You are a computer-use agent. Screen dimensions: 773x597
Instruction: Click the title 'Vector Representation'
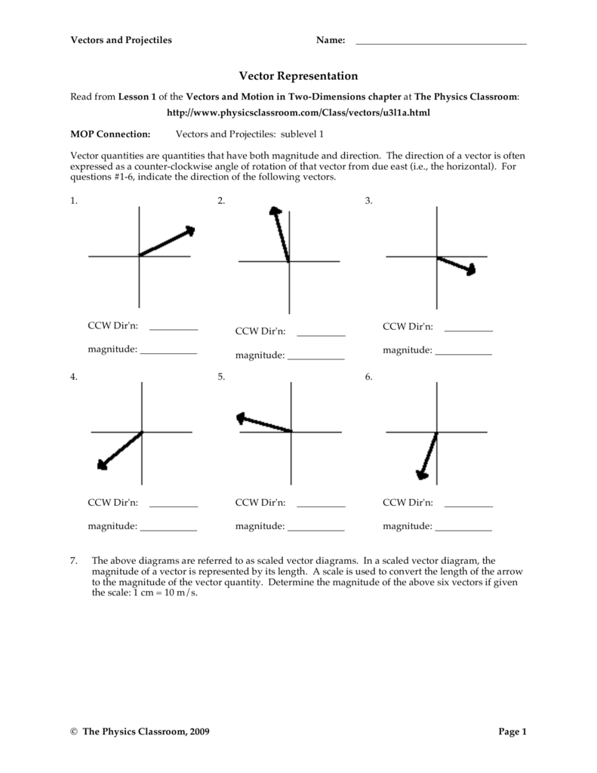tap(298, 76)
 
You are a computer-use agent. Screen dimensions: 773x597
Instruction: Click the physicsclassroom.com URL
tap(298, 112)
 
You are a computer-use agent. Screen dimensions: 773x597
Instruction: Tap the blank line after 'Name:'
tap(440, 43)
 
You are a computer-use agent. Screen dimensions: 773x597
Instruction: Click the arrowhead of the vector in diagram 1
tap(189, 231)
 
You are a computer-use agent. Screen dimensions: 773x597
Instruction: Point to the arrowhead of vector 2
tap(275, 213)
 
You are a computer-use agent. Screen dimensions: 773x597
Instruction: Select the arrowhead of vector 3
tap(470, 269)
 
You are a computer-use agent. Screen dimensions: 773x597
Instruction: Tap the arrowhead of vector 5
tap(242, 417)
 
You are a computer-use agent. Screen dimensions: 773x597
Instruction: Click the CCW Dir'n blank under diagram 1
tap(174, 329)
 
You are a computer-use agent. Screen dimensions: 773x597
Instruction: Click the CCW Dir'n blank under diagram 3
tap(469, 329)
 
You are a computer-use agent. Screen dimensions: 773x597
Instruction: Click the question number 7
tap(74, 561)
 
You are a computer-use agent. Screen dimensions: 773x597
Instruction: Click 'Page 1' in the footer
tap(512, 731)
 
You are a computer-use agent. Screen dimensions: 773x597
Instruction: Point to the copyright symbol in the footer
tap(74, 732)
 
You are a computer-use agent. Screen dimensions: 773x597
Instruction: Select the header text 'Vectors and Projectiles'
tap(121, 40)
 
